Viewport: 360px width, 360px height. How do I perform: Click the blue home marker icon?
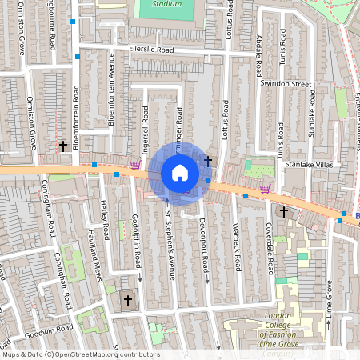(180, 172)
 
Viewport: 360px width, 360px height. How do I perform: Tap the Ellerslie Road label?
(151, 50)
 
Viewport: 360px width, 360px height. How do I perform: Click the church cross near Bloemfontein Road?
(62, 146)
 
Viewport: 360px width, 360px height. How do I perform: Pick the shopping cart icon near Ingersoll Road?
(135, 165)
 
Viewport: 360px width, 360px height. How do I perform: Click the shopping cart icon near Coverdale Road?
(265, 189)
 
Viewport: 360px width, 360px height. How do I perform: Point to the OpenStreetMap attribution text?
(80, 354)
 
